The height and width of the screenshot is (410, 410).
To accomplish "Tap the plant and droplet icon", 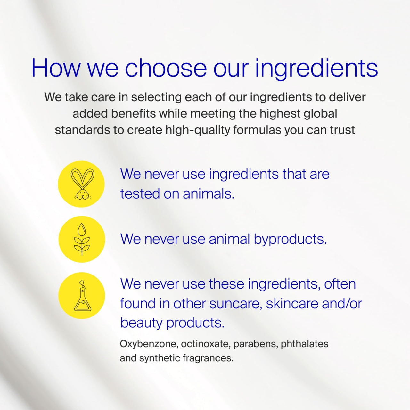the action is (x=82, y=239).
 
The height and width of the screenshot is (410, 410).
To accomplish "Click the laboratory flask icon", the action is (x=82, y=296).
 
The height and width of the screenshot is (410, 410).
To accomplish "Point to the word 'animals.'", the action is (x=209, y=194).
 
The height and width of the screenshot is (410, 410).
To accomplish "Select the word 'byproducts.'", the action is (x=290, y=239).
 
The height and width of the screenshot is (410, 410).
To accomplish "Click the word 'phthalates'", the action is (x=305, y=344).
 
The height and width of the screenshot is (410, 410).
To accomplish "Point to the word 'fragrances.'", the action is (x=208, y=358).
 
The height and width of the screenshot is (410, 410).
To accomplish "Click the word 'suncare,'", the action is (x=236, y=304).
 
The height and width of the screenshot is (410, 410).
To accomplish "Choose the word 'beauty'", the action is (x=142, y=323).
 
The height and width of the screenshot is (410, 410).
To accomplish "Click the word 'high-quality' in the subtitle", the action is (x=198, y=130).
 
